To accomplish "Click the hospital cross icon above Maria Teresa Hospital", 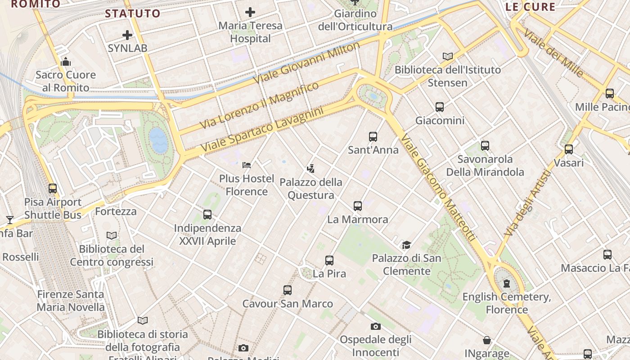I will [250, 12].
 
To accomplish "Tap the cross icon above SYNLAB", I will [127, 35].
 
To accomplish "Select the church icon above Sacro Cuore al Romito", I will [66, 61].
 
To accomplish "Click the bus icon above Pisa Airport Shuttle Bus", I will [53, 189].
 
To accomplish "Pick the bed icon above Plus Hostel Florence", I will [247, 165].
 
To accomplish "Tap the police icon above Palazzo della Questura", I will [310, 169].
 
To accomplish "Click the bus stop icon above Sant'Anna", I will [373, 136].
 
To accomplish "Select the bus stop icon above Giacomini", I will [440, 107].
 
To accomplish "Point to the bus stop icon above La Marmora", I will [358, 206].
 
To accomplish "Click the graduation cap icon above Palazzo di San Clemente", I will [407, 245].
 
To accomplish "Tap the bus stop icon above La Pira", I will [329, 260].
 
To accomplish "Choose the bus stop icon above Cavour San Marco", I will [288, 290].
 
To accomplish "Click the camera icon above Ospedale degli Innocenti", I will [376, 326].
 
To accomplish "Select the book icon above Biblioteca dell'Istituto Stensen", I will [447, 56].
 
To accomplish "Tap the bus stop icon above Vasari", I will [569, 149].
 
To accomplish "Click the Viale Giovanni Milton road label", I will [306, 63].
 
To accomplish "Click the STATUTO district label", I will [133, 13].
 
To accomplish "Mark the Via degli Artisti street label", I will [527, 203].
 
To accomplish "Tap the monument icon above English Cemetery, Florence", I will [507, 283].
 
